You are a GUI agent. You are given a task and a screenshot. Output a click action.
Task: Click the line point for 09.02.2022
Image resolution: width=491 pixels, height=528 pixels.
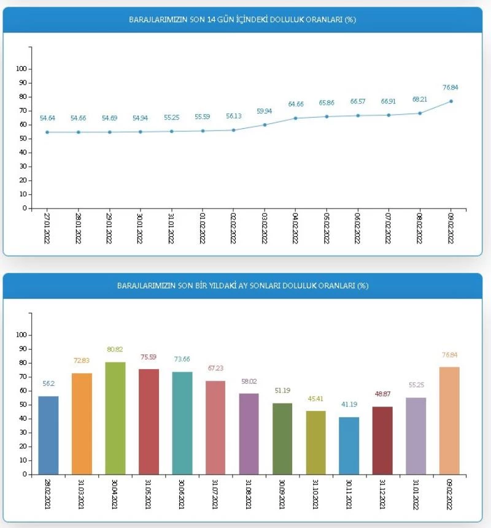[x=451, y=101]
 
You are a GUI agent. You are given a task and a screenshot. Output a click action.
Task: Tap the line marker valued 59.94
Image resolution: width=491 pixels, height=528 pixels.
[x=265, y=124]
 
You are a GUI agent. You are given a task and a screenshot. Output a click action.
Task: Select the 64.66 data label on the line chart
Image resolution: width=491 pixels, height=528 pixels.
[x=296, y=105]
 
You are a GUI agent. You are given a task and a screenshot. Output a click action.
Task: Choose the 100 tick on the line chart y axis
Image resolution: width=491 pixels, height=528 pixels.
[x=21, y=69]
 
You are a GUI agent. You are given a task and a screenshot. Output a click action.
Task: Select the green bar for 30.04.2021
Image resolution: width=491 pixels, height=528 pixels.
[x=115, y=418]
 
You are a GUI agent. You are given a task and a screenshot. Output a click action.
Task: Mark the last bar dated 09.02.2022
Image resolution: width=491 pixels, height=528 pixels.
[x=449, y=420]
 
